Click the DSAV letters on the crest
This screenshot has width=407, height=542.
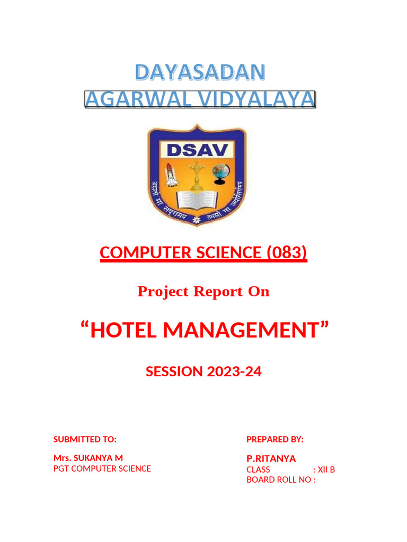point(197,150)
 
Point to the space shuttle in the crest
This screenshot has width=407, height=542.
point(173,175)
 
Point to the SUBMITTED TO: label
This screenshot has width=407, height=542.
point(85,439)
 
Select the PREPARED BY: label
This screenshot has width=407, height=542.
point(275,439)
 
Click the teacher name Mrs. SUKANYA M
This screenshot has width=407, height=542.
point(89,457)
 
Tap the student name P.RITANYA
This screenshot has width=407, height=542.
point(271,458)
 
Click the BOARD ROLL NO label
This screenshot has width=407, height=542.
point(280,480)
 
